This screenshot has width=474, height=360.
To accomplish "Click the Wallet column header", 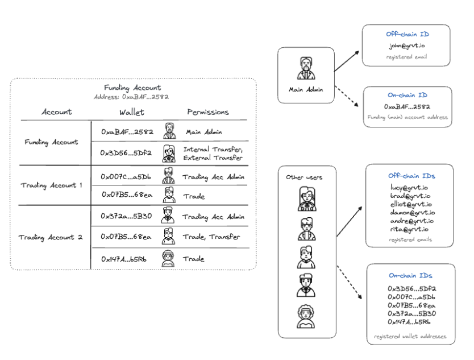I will (132, 112).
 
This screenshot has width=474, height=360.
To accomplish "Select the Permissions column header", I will (207, 112).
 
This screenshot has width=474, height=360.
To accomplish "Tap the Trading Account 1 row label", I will (52, 185).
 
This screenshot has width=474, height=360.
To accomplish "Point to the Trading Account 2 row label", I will (51, 237).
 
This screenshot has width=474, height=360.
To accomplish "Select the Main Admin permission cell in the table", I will (204, 132).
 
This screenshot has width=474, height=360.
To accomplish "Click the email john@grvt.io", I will (408, 47).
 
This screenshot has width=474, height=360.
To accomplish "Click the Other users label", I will (304, 177).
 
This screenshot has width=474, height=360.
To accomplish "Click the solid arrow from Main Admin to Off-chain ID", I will (347, 61).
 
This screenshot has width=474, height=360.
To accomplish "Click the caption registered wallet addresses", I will (410, 336).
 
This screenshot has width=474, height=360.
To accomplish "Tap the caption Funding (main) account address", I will (407, 117).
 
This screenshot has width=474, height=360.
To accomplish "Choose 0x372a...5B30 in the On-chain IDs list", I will (411, 313).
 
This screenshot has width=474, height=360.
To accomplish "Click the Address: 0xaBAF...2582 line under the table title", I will (132, 97).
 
